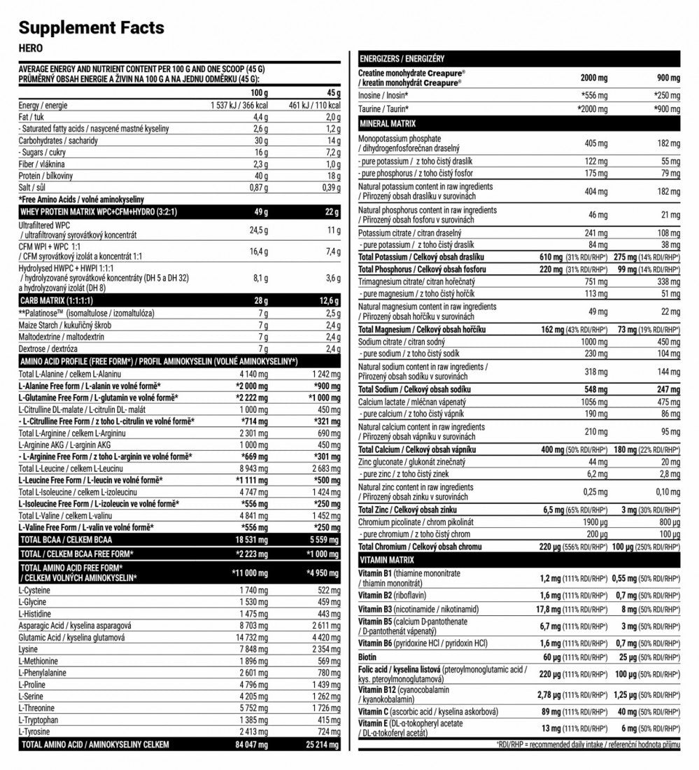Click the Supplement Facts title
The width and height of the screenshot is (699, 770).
[x=91, y=28]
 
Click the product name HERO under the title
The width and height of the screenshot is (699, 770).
[x=30, y=48]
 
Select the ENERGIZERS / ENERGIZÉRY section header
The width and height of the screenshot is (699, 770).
[x=402, y=59]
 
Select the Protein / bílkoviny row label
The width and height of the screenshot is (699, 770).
[x=46, y=176]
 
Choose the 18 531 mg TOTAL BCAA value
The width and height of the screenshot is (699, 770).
[x=249, y=540]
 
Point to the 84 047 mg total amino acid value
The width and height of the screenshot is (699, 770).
[x=248, y=744]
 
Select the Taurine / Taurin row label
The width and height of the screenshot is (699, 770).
[x=383, y=109]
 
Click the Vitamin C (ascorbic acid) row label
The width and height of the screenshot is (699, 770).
[x=428, y=711]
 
